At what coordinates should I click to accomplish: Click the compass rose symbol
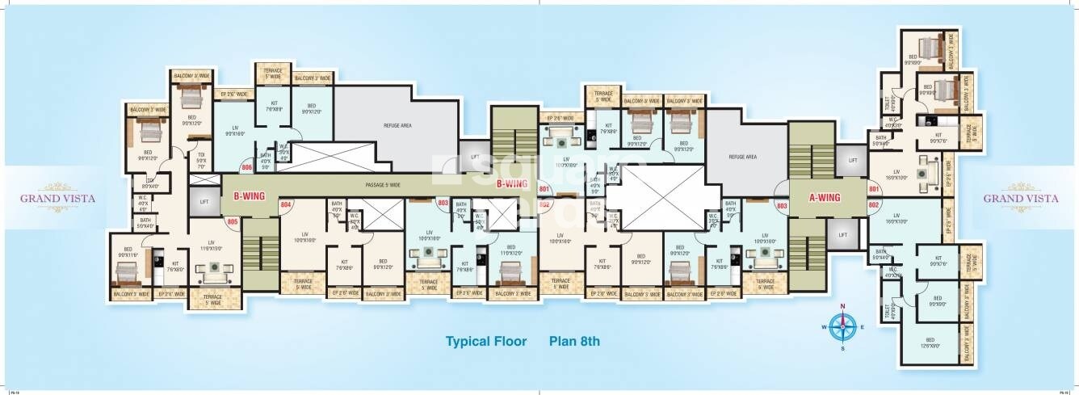[x=842, y=326]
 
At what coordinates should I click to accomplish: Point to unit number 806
[x=247, y=168]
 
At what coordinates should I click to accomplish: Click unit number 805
[x=233, y=221]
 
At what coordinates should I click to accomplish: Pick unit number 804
[x=285, y=205]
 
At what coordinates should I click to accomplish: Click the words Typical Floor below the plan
[x=485, y=341]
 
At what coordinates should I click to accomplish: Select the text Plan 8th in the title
[x=575, y=341]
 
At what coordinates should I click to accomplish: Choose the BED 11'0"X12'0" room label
[x=510, y=250]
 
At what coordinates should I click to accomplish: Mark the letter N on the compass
[x=842, y=306]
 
